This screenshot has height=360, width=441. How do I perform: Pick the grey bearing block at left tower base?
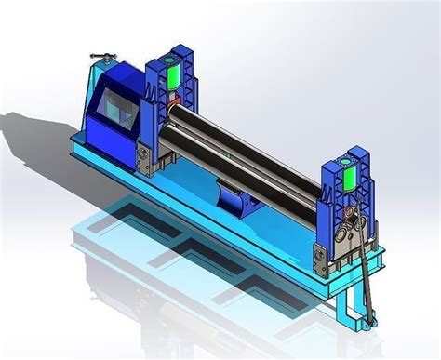point(144,159)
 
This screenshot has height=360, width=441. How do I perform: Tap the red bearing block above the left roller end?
point(170,96)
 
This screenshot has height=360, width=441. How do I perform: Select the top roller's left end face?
point(173,116)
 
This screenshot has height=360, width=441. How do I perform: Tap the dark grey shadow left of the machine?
point(37,140)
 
